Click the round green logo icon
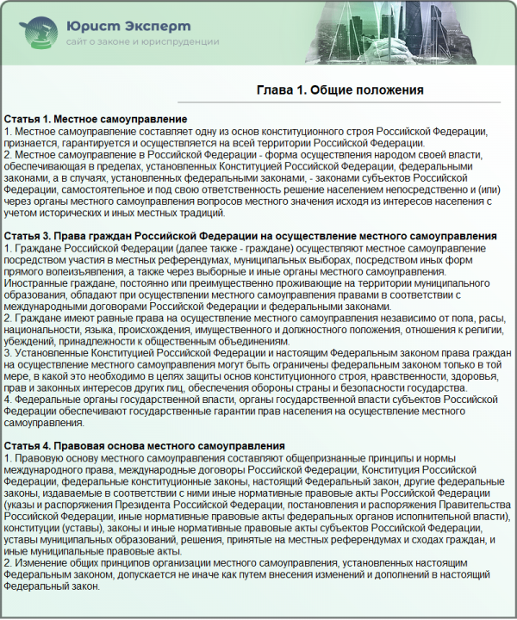[36, 32]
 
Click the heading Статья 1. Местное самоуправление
[96, 118]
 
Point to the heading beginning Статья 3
[250, 236]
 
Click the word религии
[483, 329]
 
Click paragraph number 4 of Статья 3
[8, 399]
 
